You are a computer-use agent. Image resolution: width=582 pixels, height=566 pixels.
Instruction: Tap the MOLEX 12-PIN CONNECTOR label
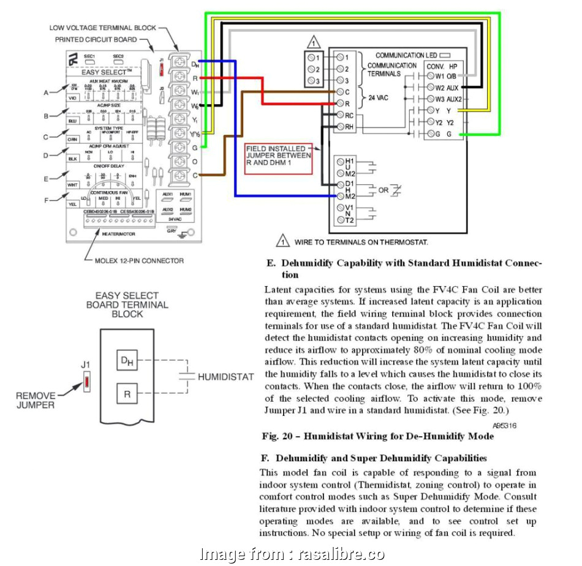[139, 260]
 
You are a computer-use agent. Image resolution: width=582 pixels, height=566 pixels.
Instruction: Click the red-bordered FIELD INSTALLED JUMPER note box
[278, 159]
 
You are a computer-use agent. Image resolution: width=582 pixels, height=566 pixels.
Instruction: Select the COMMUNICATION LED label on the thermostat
[408, 55]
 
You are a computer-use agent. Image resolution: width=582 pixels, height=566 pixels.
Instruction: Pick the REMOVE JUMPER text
[35, 400]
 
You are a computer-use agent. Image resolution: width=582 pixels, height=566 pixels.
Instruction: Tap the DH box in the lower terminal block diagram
[127, 361]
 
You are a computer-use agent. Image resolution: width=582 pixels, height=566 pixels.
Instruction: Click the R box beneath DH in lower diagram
[127, 394]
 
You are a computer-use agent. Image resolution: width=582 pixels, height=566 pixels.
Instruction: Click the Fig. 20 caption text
[378, 437]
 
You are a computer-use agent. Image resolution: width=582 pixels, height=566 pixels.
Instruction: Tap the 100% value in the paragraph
[529, 387]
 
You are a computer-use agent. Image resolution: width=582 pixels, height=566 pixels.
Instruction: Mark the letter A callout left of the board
[45, 92]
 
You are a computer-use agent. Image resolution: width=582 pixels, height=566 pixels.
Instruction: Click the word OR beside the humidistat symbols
[383, 191]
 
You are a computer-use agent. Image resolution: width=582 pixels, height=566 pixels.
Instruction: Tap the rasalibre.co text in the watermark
[341, 554]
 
